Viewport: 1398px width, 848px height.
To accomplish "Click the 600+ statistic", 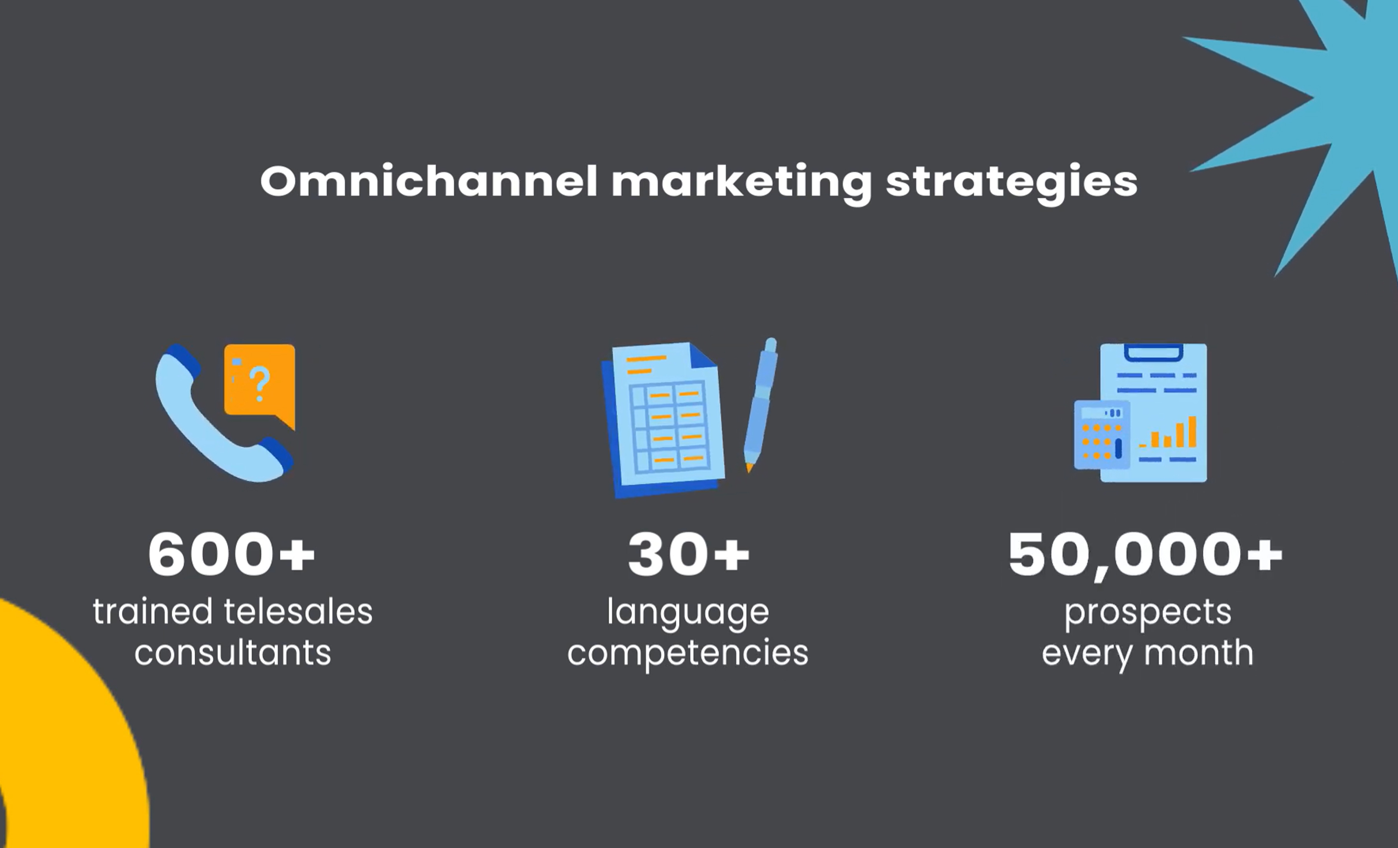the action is pos(231,554).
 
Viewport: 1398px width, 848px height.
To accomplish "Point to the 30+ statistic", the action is pos(689,554).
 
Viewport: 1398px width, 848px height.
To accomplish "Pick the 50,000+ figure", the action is pos(1145,556).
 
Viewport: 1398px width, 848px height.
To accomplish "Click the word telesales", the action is pos(298,612).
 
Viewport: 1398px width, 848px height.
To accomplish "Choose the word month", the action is pos(1198,653).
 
